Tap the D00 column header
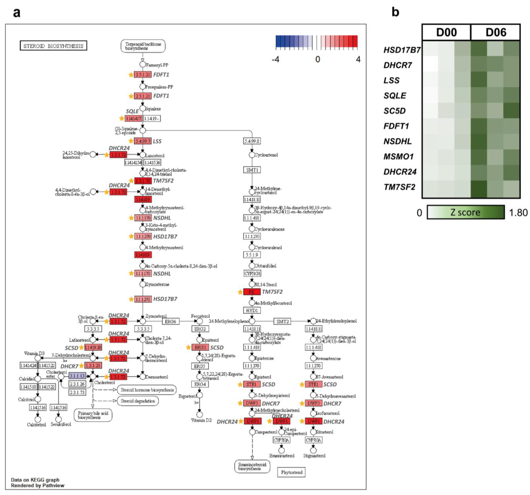click(x=446, y=32)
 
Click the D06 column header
click(x=496, y=32)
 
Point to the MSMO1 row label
click(x=398, y=156)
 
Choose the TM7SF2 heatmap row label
click(x=399, y=187)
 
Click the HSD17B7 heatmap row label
click(x=402, y=50)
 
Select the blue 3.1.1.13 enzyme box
click(x=77, y=376)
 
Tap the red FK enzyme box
click(x=252, y=292)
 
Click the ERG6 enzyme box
click(x=170, y=321)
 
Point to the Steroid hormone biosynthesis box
click(x=147, y=390)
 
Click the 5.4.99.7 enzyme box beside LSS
click(x=143, y=141)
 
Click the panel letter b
click(x=395, y=12)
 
